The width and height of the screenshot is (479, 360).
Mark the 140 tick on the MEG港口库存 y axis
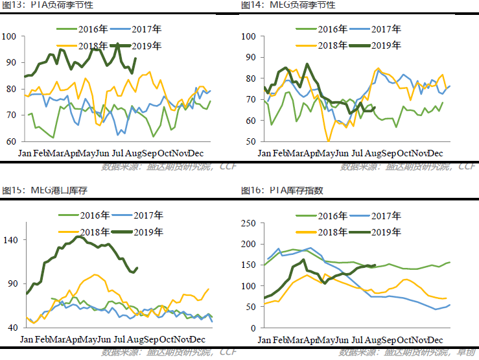pyautogui.click(x=14, y=240)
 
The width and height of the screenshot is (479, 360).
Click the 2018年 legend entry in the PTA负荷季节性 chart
pyautogui.click(x=94, y=45)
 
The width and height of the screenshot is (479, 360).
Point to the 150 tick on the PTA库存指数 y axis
pyautogui.click(x=250, y=265)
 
